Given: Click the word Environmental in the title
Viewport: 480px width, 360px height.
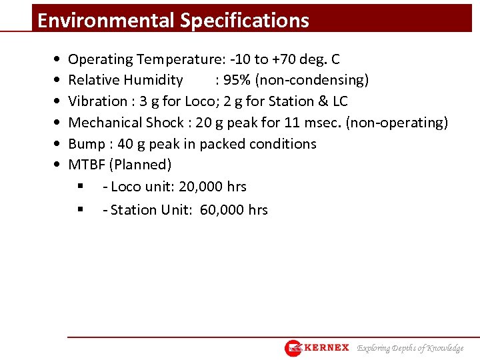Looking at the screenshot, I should tap(106, 20).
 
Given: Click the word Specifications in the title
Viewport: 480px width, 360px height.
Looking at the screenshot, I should tap(245, 20).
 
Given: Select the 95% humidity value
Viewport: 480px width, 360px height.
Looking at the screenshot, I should tap(237, 81).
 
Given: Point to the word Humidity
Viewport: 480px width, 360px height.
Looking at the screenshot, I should tap(155, 81).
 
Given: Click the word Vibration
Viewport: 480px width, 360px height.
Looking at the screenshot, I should tap(97, 101).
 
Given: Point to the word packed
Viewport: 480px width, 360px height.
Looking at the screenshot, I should tap(217, 144).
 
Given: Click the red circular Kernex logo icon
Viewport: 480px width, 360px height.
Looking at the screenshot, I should tap(293, 348).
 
